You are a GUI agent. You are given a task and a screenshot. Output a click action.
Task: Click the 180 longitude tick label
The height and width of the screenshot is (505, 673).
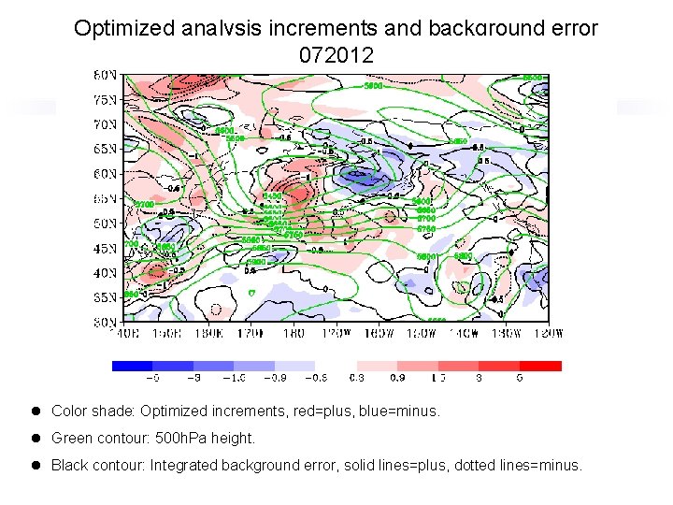(x=293, y=332)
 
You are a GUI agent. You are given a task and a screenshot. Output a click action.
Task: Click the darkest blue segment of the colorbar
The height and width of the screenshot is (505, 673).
(x=132, y=366)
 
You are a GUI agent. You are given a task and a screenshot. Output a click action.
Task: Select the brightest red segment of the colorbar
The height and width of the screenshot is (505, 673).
(x=541, y=366)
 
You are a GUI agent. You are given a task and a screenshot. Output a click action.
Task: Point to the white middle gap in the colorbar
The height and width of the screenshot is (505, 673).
(x=336, y=366)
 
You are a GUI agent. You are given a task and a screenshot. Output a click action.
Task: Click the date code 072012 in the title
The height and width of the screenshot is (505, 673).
(x=336, y=56)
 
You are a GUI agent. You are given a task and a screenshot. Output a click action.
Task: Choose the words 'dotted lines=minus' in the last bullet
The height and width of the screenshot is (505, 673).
(x=518, y=465)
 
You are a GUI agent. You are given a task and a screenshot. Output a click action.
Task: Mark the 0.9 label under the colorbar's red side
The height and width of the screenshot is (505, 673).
(x=397, y=379)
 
